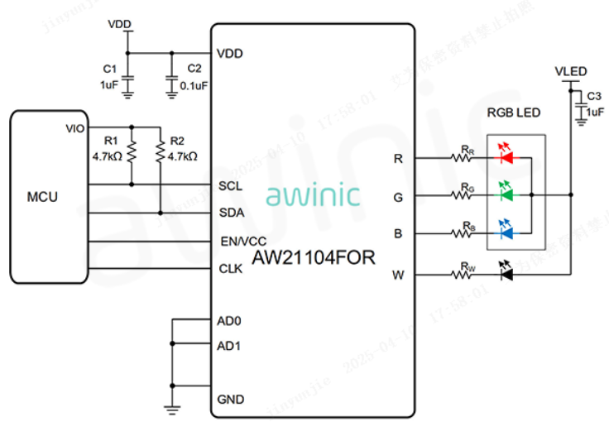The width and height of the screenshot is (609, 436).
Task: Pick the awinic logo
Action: [x=313, y=196]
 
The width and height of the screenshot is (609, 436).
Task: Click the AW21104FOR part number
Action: [x=314, y=257]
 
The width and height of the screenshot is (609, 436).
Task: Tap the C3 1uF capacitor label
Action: [x=593, y=104]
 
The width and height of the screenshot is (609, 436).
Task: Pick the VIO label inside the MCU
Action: [x=74, y=128]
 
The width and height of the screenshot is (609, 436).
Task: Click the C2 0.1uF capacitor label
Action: [x=195, y=76]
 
